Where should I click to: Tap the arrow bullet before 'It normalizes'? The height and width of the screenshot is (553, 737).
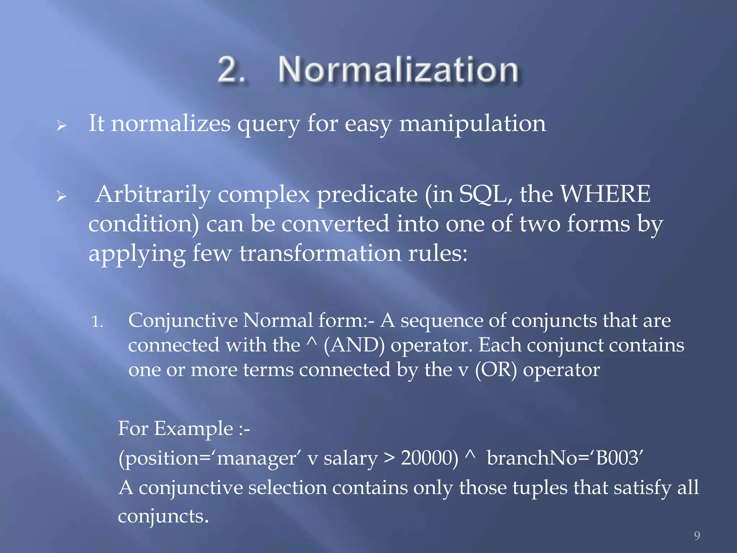pyautogui.click(x=62, y=126)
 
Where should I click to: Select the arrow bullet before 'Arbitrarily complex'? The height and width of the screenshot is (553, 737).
pyautogui.click(x=62, y=197)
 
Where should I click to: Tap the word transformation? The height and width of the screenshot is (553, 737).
pyautogui.click(x=320, y=253)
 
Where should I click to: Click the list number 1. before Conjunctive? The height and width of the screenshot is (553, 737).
pyautogui.click(x=97, y=321)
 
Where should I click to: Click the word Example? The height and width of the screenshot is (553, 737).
pyautogui.click(x=193, y=429)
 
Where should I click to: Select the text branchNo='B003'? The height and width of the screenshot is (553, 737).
pyautogui.click(x=565, y=458)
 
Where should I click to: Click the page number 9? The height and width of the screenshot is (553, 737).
pyautogui.click(x=697, y=535)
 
